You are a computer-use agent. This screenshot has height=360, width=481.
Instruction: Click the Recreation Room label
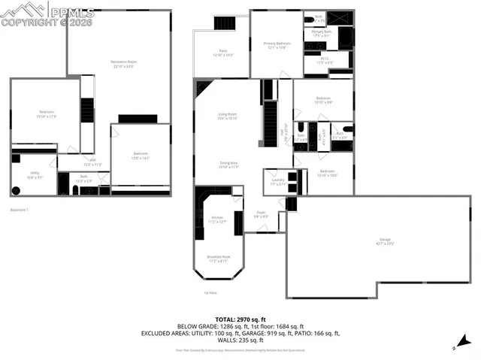click(x=123, y=62)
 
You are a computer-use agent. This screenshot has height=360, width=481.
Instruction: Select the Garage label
click(x=386, y=242)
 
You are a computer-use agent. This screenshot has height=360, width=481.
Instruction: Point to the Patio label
click(x=222, y=53)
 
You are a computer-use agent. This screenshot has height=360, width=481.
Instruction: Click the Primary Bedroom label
click(x=277, y=46)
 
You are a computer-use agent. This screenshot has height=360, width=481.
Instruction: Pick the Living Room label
click(x=227, y=116)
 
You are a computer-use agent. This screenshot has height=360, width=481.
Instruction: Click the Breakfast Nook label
click(x=219, y=259)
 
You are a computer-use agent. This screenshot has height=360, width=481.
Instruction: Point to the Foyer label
click(x=260, y=214)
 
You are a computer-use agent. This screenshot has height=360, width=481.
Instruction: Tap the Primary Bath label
click(x=322, y=34)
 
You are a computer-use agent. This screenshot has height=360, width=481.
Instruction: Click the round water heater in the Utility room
click(x=16, y=189)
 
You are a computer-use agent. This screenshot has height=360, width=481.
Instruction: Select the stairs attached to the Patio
click(x=224, y=23)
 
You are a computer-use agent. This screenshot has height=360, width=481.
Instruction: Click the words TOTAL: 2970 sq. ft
click(x=240, y=319)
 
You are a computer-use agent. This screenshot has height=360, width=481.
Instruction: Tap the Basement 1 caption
click(x=19, y=210)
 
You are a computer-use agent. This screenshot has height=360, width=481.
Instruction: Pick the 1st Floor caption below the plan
click(x=210, y=293)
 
